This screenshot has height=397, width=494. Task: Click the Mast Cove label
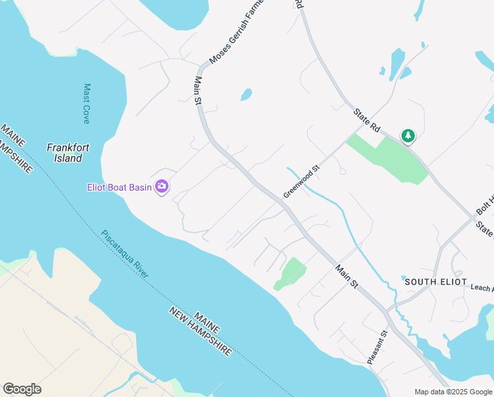tap(87, 103)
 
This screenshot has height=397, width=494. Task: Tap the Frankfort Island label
tap(68, 153)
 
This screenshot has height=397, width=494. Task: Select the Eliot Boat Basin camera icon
tap(161, 187)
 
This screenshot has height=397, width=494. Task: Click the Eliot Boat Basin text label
tap(120, 187)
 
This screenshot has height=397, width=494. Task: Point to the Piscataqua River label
tap(125, 254)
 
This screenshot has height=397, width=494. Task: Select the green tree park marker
tap(408, 136)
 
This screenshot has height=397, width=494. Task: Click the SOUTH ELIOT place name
tap(430, 282)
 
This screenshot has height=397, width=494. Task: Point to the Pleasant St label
tap(377, 347)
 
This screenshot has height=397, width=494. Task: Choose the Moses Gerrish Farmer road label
tap(236, 33)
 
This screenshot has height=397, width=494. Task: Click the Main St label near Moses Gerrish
tap(197, 91)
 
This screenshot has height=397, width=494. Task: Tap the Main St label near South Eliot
tap(346, 277)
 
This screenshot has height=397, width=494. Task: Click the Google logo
tap(22, 389)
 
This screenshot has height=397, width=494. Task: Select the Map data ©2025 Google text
tap(453, 392)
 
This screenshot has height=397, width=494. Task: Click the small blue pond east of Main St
tap(246, 95)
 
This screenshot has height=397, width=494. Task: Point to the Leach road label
tap(482, 288)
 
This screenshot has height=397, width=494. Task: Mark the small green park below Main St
tap(291, 273)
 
